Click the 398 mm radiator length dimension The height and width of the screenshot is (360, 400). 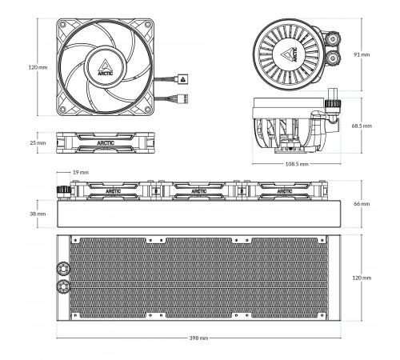tap(198, 338)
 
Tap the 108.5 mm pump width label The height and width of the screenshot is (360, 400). tap(297, 164)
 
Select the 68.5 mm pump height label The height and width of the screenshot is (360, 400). tap(362, 126)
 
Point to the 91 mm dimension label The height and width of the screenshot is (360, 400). tap(362, 54)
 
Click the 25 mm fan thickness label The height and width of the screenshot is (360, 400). tap(38, 143)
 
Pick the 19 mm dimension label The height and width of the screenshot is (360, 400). tap(81, 172)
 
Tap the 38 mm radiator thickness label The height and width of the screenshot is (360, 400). tap(38, 214)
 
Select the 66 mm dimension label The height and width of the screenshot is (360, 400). tap(362, 204)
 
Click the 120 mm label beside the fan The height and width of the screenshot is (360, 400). tap(38, 67)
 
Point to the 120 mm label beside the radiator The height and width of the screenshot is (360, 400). tap(362, 278)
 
